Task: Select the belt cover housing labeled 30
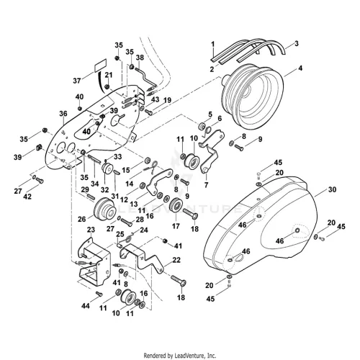click(x=257, y=225)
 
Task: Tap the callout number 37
click(x=77, y=81)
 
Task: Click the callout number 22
click(x=176, y=260)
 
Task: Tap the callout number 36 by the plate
click(x=63, y=114)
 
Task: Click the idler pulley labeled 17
click(x=176, y=207)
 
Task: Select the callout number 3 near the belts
click(x=297, y=44)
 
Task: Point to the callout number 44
click(x=86, y=306)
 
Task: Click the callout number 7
click(x=206, y=184)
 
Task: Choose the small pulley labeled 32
click(x=107, y=168)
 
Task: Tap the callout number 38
click(x=140, y=58)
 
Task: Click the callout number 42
click(x=27, y=197)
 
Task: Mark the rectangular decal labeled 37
click(x=100, y=65)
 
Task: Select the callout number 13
click(x=134, y=204)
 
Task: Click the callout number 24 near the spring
click(x=144, y=230)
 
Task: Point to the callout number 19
click(x=167, y=100)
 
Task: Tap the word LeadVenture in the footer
click(x=194, y=355)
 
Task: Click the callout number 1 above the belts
click(x=212, y=45)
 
